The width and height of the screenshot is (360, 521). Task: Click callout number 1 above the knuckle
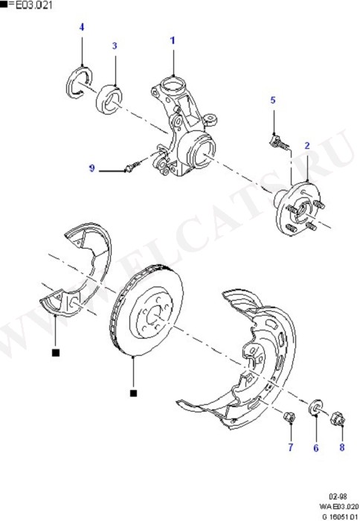point(173,40)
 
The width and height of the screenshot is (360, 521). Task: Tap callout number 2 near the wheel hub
point(307,145)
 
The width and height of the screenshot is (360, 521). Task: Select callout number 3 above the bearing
point(115,45)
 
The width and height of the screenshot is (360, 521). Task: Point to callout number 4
point(82,27)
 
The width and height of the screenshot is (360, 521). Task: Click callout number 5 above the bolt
point(273,100)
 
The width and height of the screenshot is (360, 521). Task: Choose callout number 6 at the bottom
point(316,448)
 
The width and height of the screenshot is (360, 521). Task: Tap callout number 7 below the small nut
point(291,447)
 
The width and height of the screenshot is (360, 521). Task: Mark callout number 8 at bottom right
point(341,447)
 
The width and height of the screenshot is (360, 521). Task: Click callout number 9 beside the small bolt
point(91,168)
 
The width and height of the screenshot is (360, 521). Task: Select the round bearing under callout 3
point(109,100)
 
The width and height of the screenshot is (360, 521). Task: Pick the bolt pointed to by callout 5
point(279,142)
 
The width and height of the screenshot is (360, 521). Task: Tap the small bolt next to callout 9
point(132,167)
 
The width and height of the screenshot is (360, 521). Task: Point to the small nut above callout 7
point(289,418)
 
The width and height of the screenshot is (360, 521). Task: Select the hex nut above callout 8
point(338,418)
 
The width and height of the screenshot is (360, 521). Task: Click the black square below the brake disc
point(133,393)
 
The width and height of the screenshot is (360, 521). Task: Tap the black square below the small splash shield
point(56,353)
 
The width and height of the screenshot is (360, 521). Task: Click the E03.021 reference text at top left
point(32,5)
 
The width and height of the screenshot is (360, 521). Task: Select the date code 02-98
point(338,496)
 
